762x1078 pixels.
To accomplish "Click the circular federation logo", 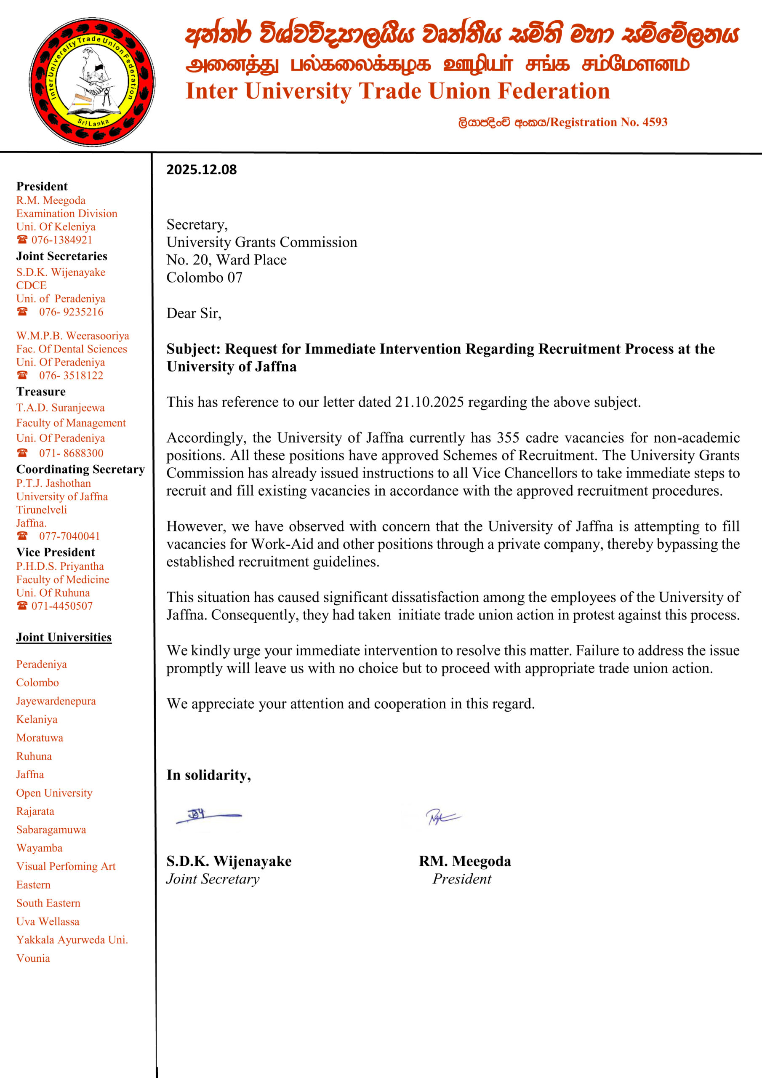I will tap(92, 82).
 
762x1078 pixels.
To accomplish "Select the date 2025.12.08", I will tap(201, 170).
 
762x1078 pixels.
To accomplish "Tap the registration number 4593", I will tap(655, 122).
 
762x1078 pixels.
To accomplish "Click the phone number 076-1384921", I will tap(61, 240).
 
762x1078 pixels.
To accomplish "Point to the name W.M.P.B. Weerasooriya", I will tap(72, 336).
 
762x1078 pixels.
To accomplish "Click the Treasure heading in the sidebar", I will tap(41, 392).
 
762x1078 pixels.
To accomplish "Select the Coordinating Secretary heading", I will tap(80, 470).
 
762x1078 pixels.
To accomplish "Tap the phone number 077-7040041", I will tap(69, 536).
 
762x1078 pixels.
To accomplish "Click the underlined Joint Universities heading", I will tap(64, 637).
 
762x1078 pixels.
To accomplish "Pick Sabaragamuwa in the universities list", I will tap(51, 830).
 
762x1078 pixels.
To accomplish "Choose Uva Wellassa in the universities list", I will tap(48, 921).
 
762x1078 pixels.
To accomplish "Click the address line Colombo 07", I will tap(204, 278).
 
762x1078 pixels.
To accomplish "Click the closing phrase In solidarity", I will tap(208, 775).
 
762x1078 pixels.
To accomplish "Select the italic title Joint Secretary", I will tap(213, 879).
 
